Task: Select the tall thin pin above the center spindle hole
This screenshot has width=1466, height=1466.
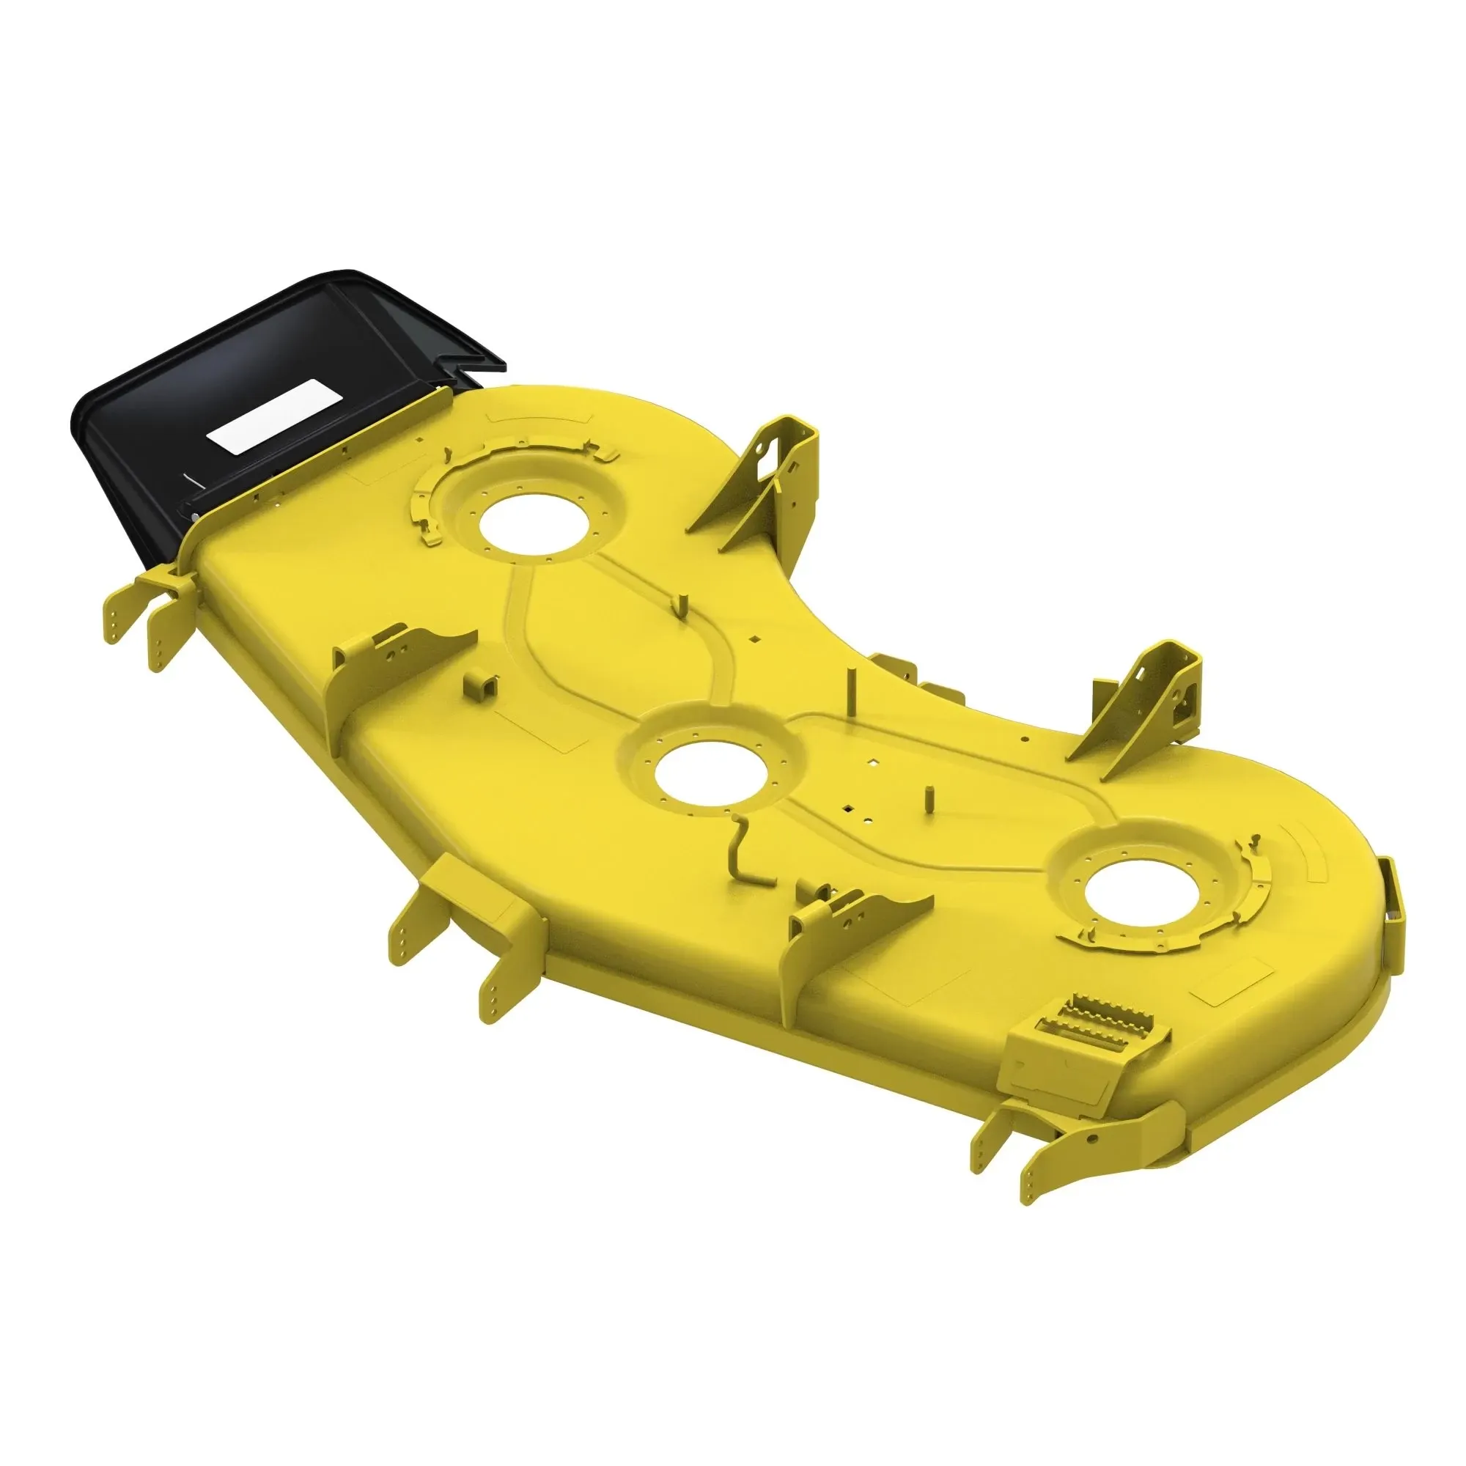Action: point(852,694)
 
